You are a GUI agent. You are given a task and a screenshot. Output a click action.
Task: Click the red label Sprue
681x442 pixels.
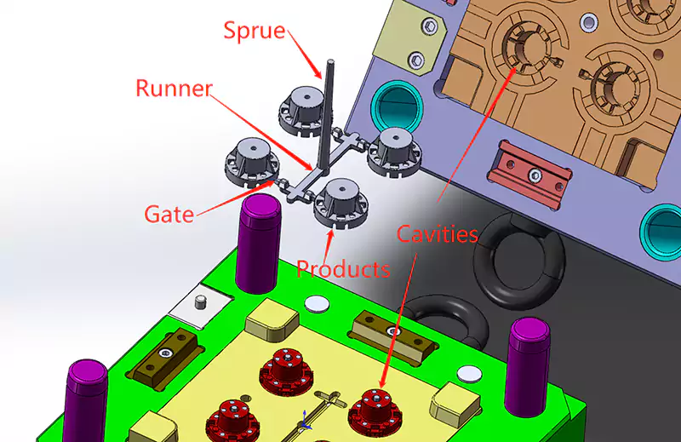(255, 31)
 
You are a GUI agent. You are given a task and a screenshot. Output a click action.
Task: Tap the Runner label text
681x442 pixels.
(174, 89)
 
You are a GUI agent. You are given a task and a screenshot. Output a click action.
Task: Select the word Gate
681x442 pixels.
(169, 215)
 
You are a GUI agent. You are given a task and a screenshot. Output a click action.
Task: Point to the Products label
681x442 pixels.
(343, 269)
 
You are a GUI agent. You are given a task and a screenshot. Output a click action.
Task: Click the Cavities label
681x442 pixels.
(438, 234)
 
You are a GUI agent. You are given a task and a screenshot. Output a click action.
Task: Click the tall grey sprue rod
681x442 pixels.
(327, 114)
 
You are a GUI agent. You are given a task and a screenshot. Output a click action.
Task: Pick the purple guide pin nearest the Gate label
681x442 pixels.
(259, 244)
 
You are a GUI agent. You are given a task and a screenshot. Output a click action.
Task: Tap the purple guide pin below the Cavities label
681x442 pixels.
(527, 367)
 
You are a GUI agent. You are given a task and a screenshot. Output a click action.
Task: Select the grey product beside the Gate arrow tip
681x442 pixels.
(253, 161)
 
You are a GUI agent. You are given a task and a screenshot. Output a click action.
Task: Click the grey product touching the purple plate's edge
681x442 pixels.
(394, 152)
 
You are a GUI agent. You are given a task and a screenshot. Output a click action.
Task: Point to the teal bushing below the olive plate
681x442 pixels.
(397, 106)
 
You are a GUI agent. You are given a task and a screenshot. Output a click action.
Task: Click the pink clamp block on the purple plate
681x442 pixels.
(529, 174)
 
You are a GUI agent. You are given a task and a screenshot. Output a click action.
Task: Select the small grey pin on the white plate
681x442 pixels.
(200, 301)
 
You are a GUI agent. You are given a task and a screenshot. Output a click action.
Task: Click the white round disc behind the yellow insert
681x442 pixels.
(318, 304)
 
